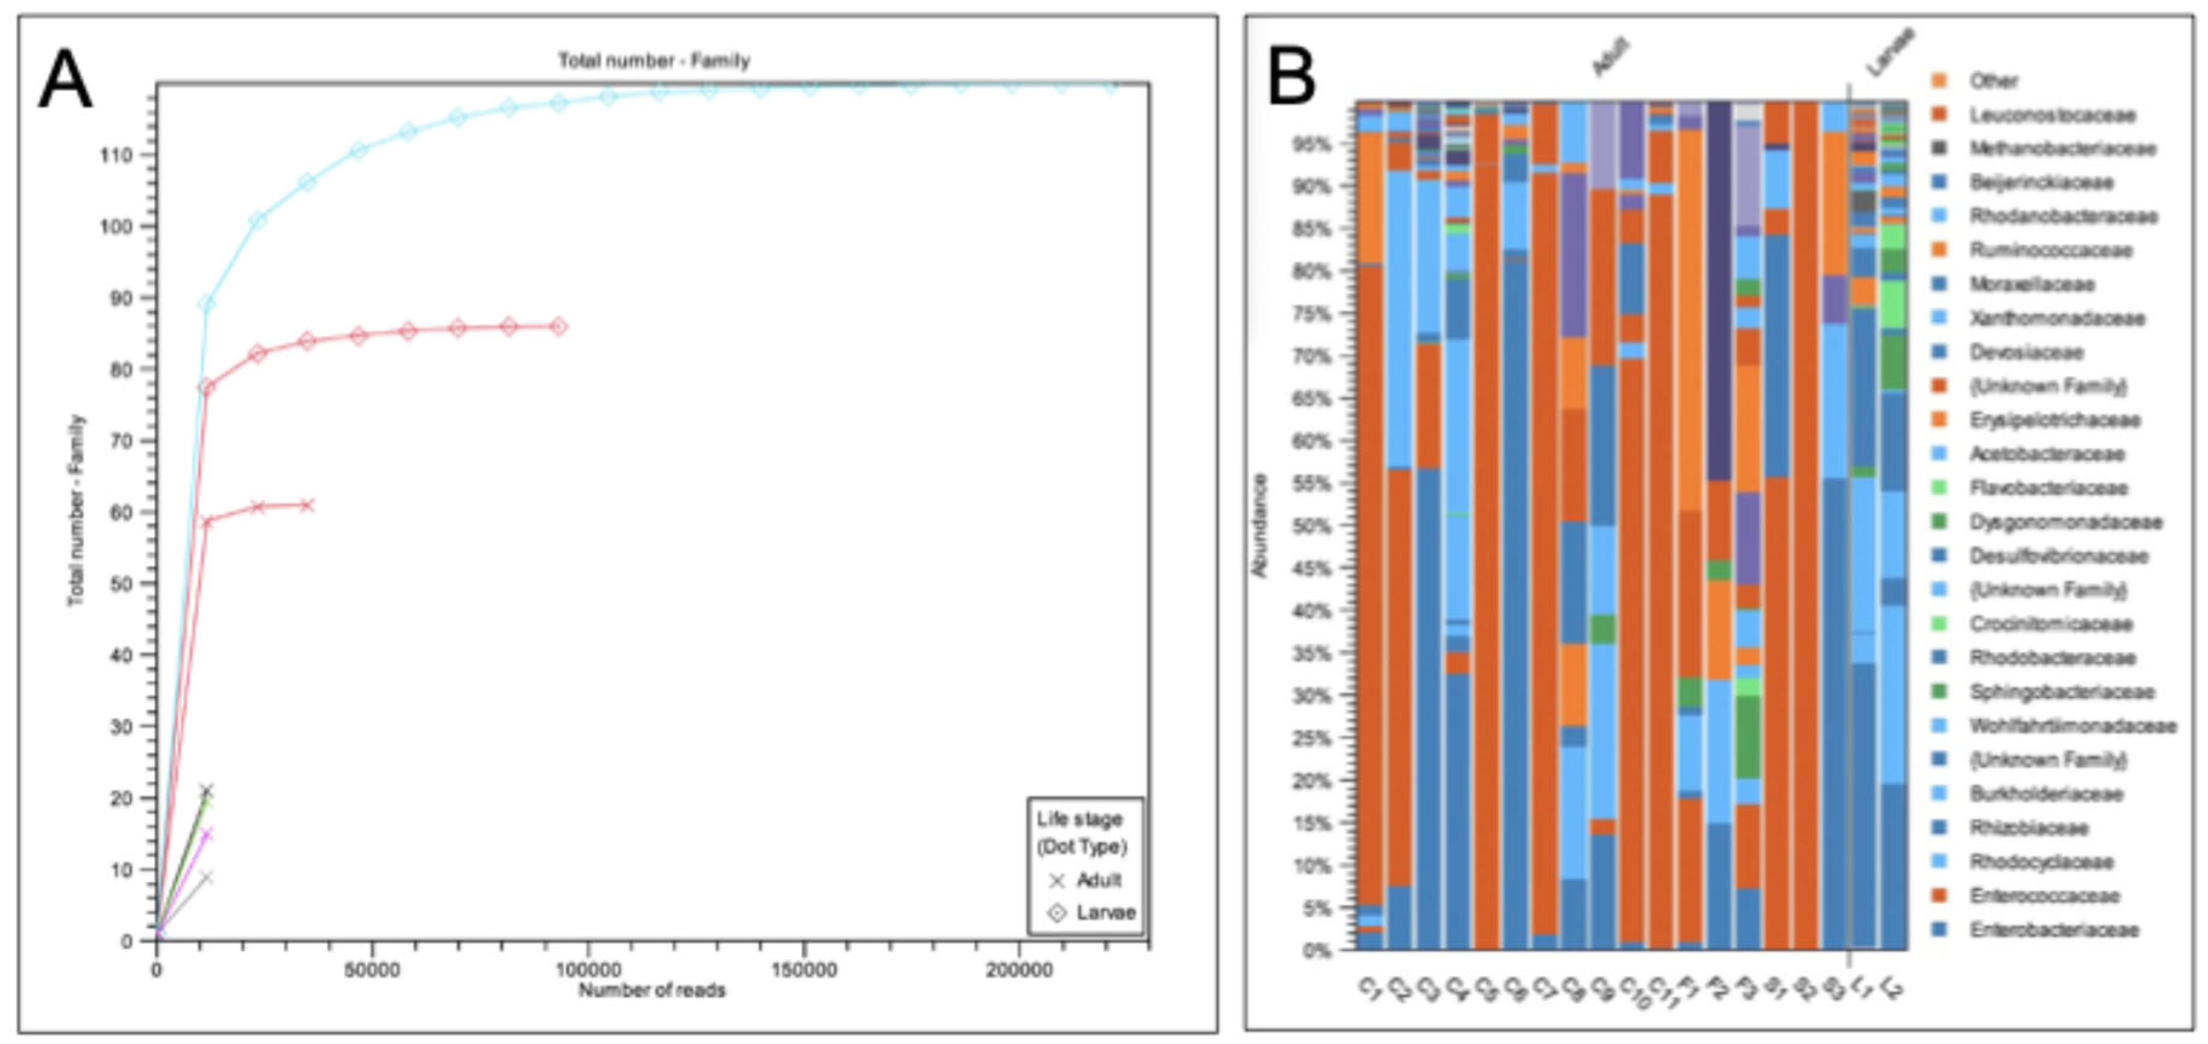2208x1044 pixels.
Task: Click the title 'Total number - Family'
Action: point(654,61)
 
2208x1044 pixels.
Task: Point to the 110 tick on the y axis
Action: point(120,155)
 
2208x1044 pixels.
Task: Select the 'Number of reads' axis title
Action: point(651,991)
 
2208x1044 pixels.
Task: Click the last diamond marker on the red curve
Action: point(559,326)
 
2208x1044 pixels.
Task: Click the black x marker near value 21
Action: point(206,789)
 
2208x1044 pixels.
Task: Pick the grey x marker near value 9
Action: point(206,877)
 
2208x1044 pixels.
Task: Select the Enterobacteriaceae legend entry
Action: point(2053,929)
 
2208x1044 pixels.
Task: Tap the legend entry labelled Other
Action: point(1993,80)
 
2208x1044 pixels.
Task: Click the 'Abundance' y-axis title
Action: point(1259,525)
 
